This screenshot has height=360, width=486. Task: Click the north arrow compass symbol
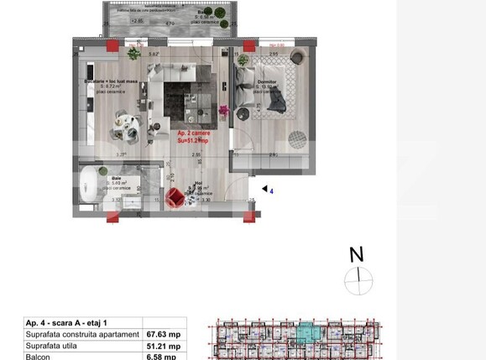tap(358, 280)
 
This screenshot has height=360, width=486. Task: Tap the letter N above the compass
tap(357, 254)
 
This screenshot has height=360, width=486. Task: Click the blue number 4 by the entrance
tap(271, 190)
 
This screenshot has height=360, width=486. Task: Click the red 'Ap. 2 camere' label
tap(194, 133)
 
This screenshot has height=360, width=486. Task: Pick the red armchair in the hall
tap(175, 197)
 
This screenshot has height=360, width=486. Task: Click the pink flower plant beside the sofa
tap(223, 111)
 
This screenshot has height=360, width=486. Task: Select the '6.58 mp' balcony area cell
tap(159, 356)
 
